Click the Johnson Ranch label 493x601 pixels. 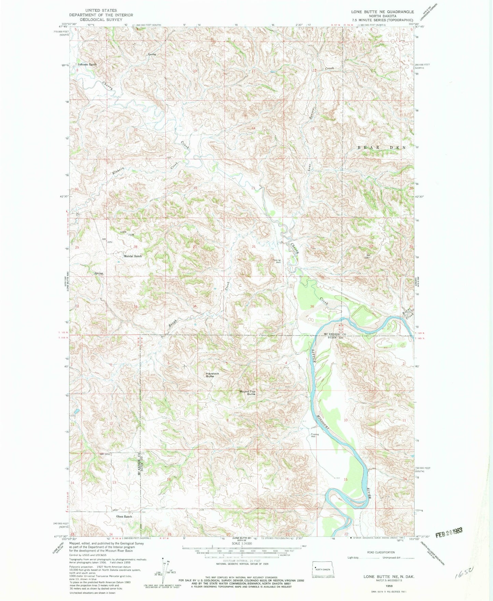point(87,64)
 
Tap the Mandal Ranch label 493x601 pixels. point(133,256)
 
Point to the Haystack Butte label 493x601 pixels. point(212,375)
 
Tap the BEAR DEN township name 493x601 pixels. point(381,148)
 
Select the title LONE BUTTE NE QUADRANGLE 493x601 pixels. point(382,12)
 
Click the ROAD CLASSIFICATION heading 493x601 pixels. point(381,552)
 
